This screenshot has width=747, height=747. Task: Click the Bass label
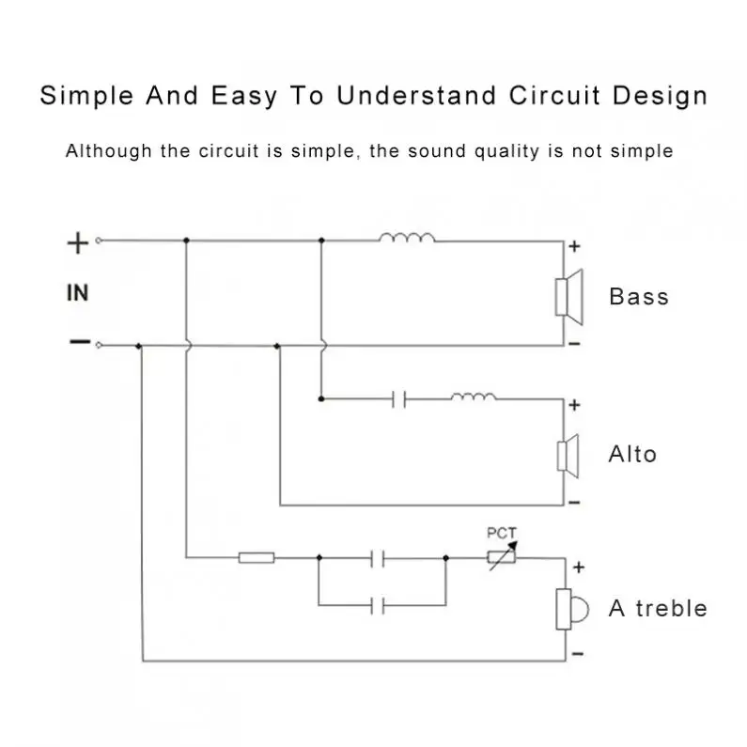click(x=639, y=297)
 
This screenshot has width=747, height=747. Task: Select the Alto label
click(x=632, y=455)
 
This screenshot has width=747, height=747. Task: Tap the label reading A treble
click(x=658, y=608)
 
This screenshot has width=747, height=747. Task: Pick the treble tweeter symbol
click(x=569, y=609)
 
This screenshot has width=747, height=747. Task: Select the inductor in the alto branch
click(x=473, y=397)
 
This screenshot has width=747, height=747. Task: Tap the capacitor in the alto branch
click(x=398, y=399)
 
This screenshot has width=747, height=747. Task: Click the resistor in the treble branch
click(x=256, y=558)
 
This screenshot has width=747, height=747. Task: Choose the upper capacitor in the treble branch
click(x=379, y=558)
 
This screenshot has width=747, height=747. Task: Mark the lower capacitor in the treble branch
click(x=379, y=605)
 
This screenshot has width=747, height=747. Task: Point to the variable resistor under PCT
click(x=501, y=557)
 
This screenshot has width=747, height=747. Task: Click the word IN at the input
click(x=77, y=293)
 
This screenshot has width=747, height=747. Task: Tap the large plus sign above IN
click(x=77, y=243)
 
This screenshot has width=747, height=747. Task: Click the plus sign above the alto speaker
click(x=575, y=406)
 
